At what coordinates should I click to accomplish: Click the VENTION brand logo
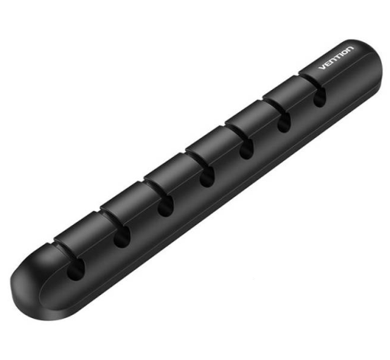pyautogui.click(x=336, y=58)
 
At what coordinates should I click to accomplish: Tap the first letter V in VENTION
pyautogui.click(x=322, y=67)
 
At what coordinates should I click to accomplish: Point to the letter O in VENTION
pyautogui.click(x=344, y=52)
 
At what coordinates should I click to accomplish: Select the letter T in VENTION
pyautogui.click(x=336, y=57)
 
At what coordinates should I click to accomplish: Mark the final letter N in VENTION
pyautogui.click(x=350, y=49)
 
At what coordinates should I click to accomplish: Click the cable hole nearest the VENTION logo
pyautogui.click(x=320, y=98)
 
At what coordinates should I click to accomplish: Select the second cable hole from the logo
pyautogui.click(x=284, y=123)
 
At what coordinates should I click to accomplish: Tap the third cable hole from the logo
pyautogui.click(x=247, y=149)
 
